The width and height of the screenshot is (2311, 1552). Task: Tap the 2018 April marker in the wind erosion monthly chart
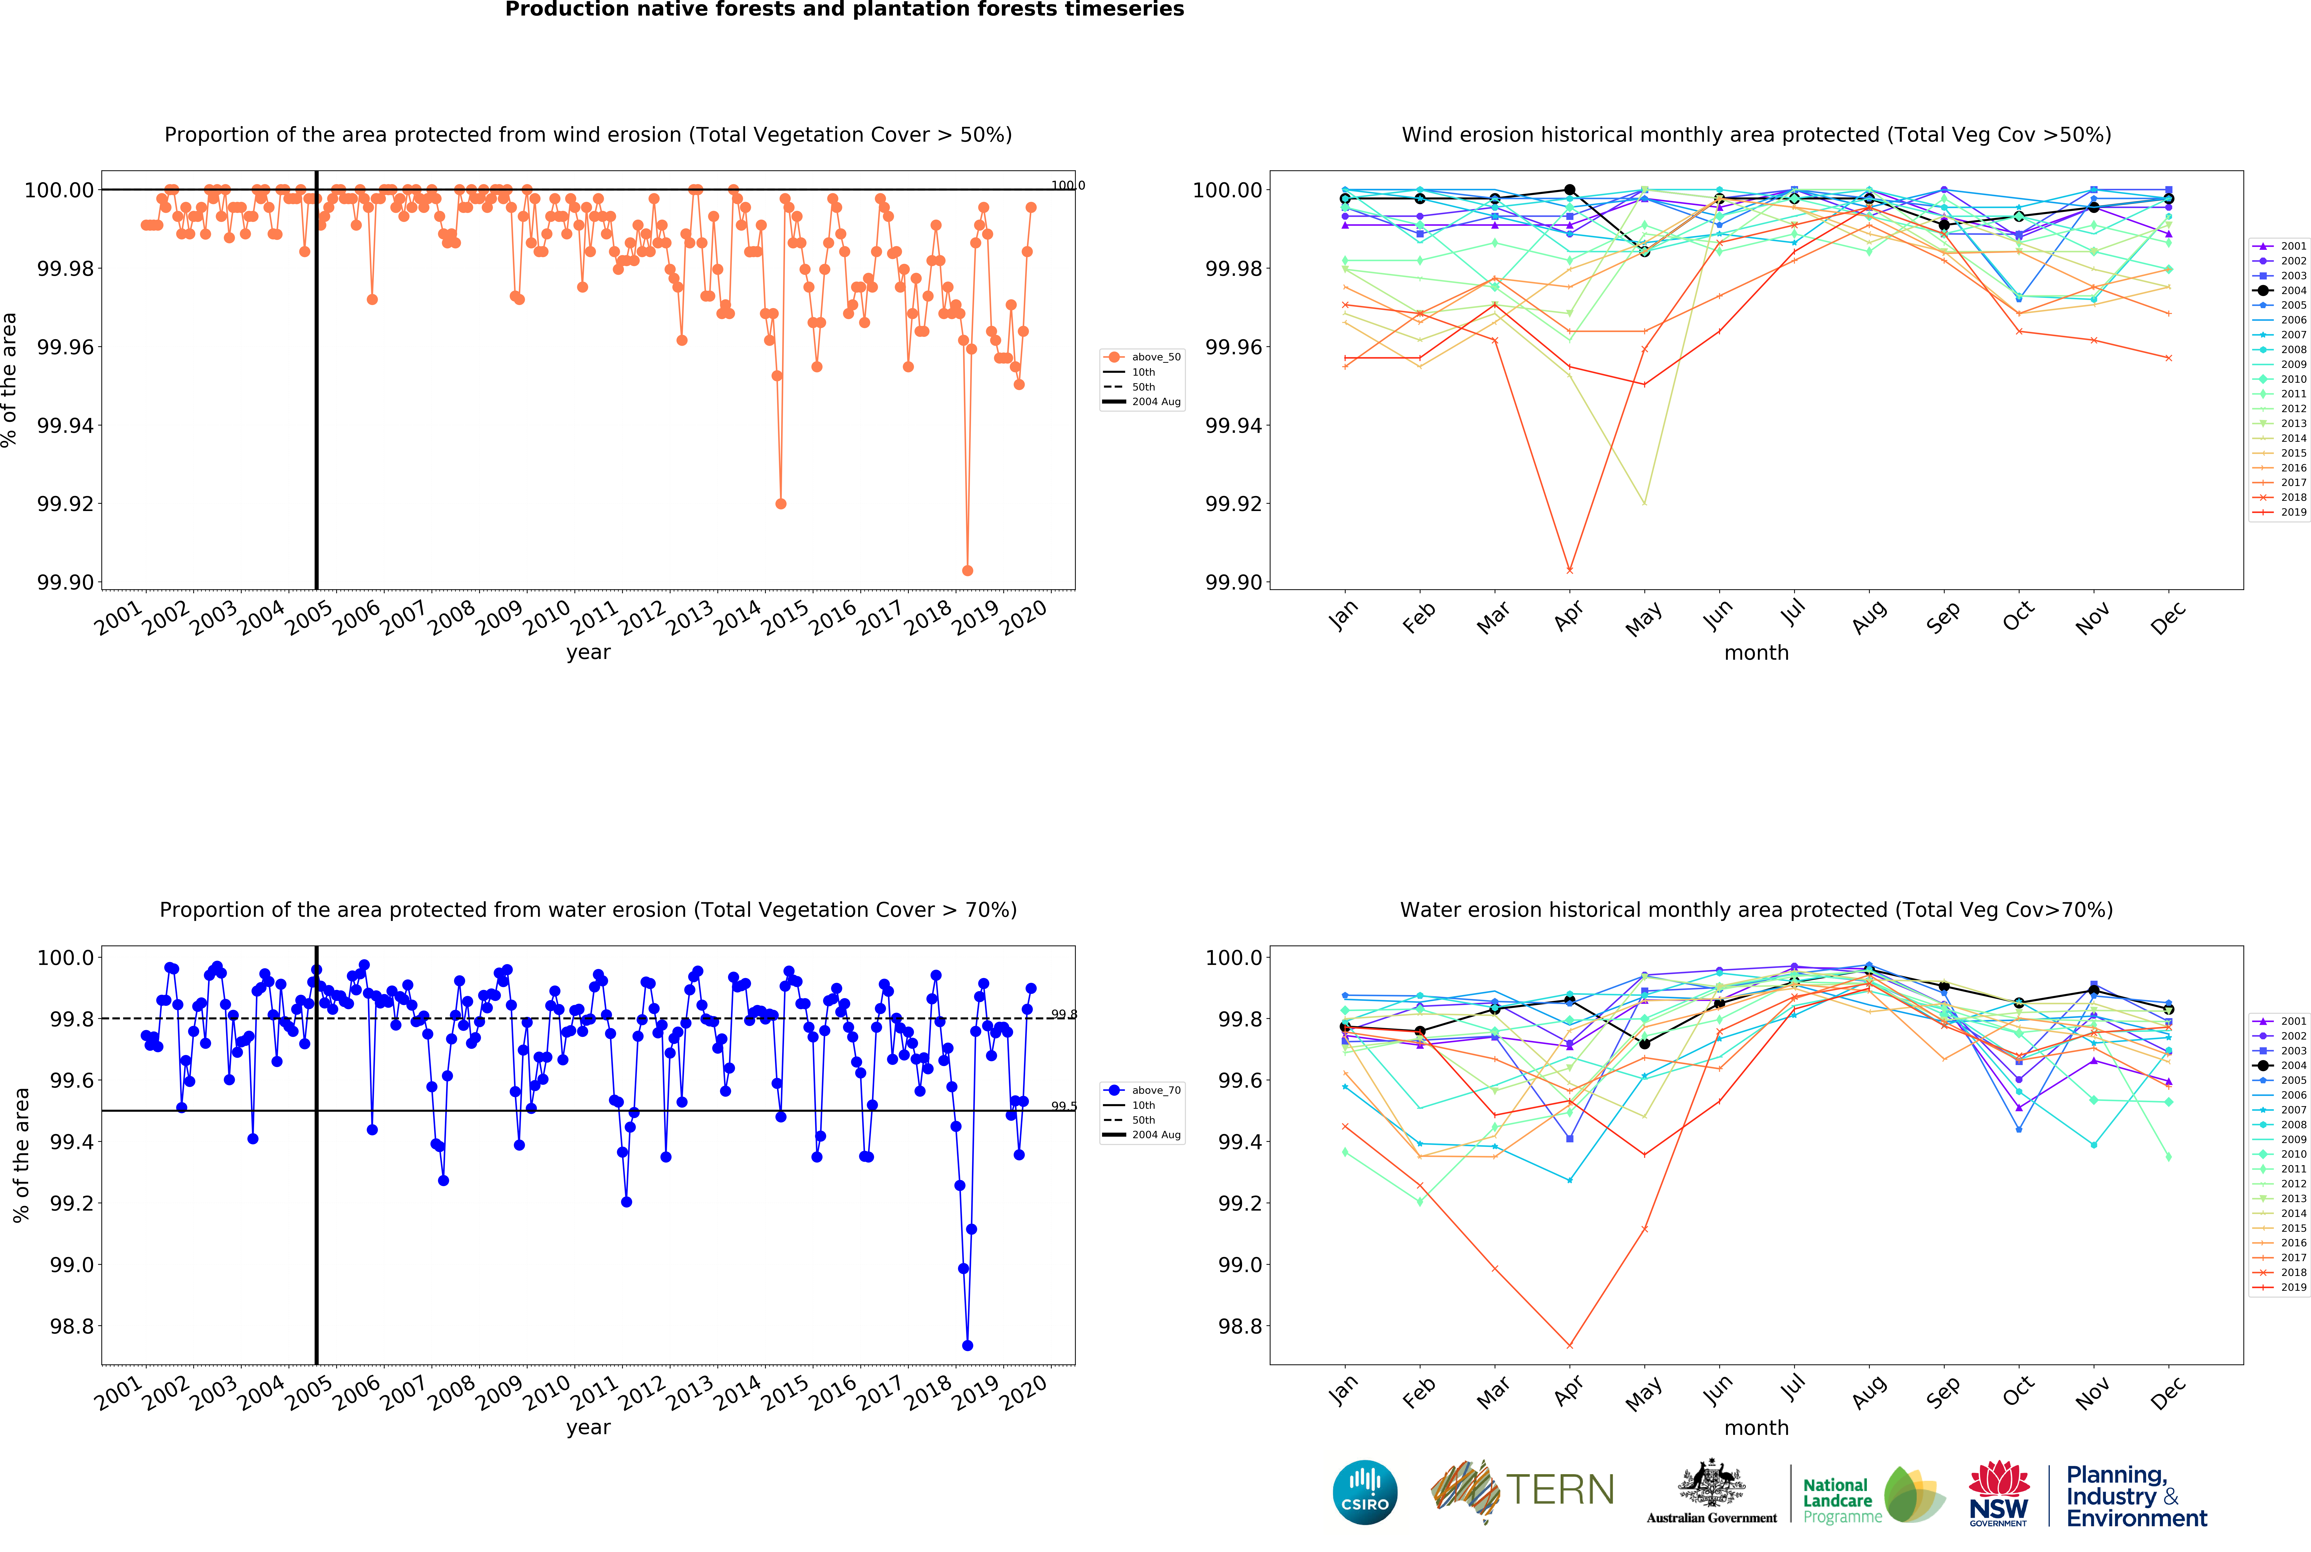coord(1569,570)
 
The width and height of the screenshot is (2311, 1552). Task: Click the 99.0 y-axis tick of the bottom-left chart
coord(71,1265)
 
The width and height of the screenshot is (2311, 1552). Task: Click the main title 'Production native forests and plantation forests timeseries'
coord(845,10)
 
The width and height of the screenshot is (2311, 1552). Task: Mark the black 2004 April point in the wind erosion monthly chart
coord(1569,190)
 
